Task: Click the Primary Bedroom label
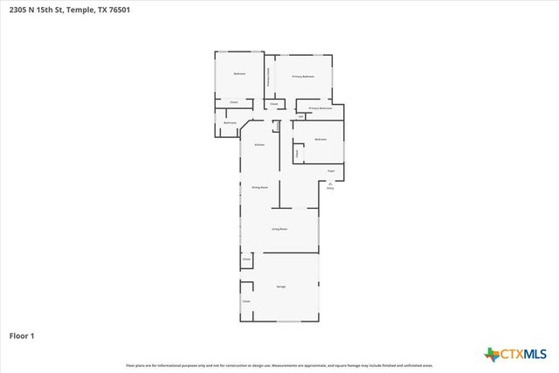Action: click(x=303, y=77)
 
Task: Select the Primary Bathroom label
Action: click(x=320, y=108)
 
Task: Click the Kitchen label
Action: click(x=259, y=144)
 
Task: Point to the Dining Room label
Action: click(x=259, y=187)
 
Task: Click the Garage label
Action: click(x=281, y=287)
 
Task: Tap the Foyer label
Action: click(x=331, y=170)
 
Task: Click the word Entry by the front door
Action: click(x=330, y=188)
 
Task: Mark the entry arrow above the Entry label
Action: click(x=330, y=182)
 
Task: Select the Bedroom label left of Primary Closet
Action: click(x=238, y=74)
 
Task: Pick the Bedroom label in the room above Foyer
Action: click(x=321, y=140)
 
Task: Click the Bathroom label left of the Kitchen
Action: click(x=230, y=123)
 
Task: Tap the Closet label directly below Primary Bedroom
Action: click(x=273, y=104)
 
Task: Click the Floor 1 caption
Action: click(x=22, y=335)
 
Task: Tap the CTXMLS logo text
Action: click(x=523, y=354)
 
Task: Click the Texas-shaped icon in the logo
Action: click(x=491, y=354)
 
